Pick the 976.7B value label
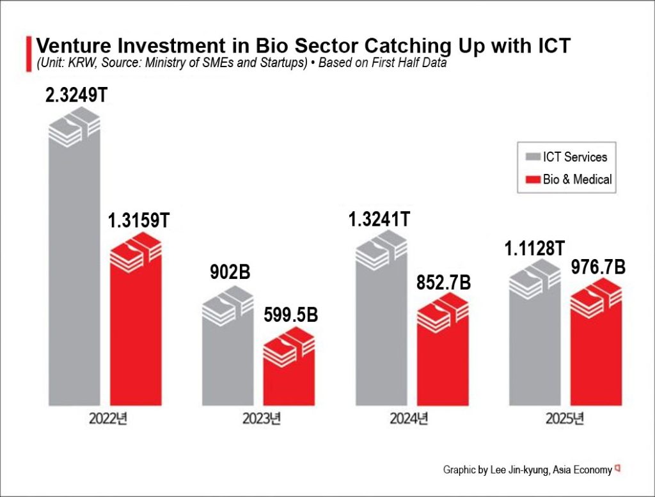tap(597, 266)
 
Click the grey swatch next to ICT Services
tap(532, 157)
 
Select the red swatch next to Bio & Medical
tap(532, 180)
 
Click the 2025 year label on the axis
tap(565, 420)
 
